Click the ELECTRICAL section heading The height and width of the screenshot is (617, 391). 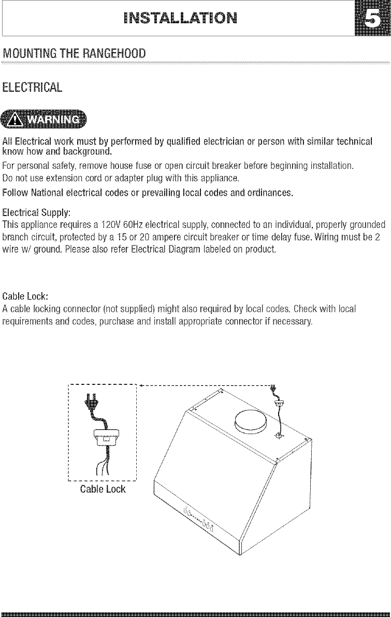click(33, 86)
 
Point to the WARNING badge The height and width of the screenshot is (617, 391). click(45, 121)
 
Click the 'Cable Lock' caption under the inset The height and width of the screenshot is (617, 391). click(103, 489)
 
